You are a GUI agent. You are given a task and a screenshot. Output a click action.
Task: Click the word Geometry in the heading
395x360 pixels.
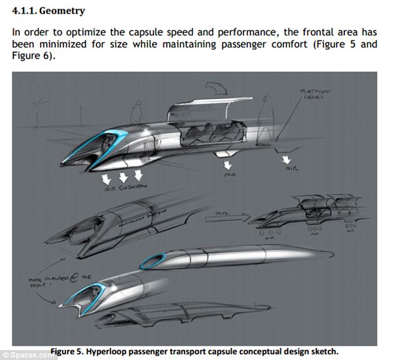coord(62,11)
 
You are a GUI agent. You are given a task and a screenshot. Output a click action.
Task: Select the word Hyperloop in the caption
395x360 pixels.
coord(111,351)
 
